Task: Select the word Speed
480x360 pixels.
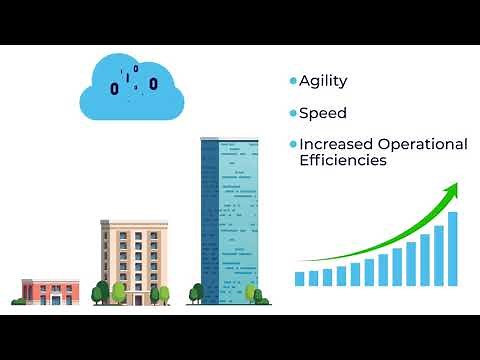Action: (x=323, y=113)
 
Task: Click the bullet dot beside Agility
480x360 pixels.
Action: (x=293, y=81)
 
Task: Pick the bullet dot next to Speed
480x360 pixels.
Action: (x=293, y=113)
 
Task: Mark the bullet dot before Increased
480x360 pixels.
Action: (x=293, y=144)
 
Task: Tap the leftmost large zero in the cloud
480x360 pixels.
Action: (x=114, y=89)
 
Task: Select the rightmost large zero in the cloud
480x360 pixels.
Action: (x=153, y=83)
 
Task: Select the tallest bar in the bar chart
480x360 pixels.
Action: (x=452, y=249)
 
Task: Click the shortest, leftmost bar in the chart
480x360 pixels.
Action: (x=300, y=278)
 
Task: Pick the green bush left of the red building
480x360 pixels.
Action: (x=19, y=299)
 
